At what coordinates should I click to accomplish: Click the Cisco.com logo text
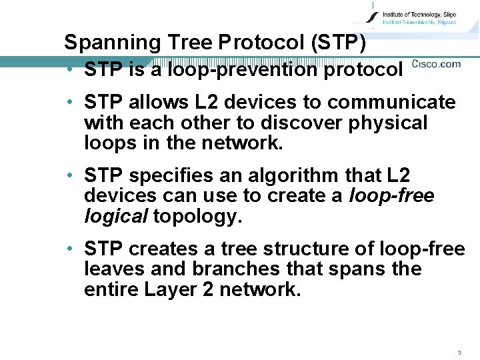click(x=436, y=64)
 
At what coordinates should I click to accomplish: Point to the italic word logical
click(x=116, y=216)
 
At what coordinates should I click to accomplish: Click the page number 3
click(x=459, y=352)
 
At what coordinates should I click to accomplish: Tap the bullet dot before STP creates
click(x=69, y=249)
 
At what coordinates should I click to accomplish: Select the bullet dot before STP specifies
click(x=69, y=176)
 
